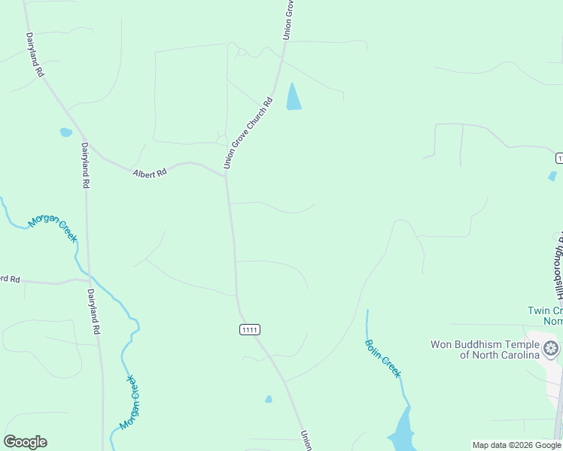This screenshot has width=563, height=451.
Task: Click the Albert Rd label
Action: [x=149, y=174]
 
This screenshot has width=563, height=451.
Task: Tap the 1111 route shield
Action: [x=250, y=329]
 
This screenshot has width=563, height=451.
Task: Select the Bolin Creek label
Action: [x=383, y=359]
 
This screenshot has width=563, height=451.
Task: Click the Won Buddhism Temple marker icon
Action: [x=551, y=349]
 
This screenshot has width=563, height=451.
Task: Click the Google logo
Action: [x=26, y=442]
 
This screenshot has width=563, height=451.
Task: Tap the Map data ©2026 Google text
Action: [x=516, y=445]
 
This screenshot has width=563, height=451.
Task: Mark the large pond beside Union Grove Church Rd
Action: [x=293, y=98]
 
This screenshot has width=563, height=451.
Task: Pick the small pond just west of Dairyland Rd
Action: [x=65, y=132]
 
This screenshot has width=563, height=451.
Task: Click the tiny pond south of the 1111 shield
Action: [x=269, y=399]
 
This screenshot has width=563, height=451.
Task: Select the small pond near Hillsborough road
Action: [x=552, y=177]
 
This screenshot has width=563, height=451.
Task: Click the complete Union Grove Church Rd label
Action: [x=246, y=132]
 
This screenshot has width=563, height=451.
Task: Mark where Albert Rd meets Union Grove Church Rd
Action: [x=226, y=175]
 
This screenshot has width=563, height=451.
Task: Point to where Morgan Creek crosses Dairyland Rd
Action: [x=90, y=273]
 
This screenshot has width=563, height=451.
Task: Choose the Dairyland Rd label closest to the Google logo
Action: [x=94, y=311]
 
